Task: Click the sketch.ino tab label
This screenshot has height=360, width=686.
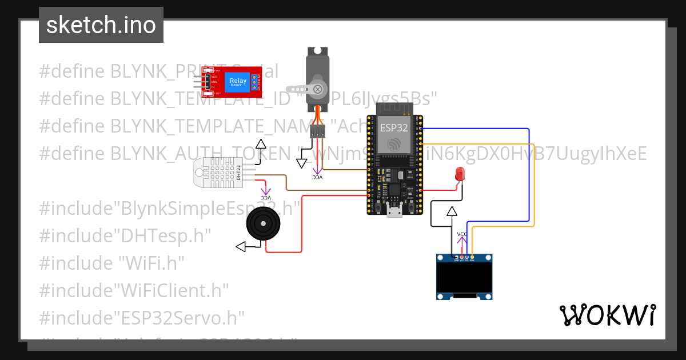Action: click(101, 25)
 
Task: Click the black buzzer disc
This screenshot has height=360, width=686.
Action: click(264, 224)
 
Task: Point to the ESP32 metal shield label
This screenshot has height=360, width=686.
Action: click(393, 127)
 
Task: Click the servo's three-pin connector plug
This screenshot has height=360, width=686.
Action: click(317, 132)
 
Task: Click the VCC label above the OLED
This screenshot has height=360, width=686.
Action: click(462, 234)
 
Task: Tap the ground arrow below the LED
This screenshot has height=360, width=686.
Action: click(452, 211)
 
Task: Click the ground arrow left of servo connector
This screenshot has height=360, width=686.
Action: click(301, 163)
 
